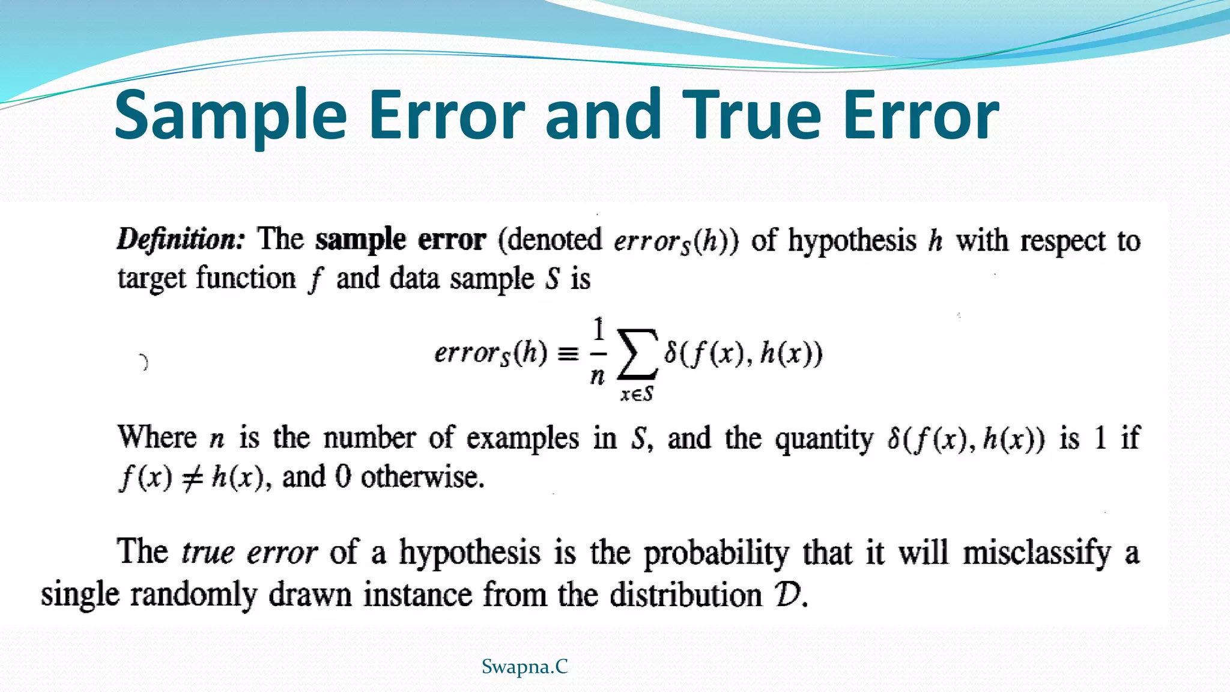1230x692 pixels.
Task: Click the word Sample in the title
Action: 231,115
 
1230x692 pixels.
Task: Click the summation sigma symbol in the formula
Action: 637,353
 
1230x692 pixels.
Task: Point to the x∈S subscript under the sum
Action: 637,394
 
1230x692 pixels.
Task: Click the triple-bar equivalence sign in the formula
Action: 568,354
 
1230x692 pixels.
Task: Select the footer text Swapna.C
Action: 524,666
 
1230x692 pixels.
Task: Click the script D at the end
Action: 788,595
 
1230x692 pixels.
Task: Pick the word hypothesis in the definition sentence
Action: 852,241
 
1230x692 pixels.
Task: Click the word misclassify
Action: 1037,553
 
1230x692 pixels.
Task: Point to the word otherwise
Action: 422,478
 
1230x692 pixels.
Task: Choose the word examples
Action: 523,438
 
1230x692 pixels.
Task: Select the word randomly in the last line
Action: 193,595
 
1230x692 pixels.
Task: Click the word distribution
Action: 686,595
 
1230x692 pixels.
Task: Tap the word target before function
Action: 152,279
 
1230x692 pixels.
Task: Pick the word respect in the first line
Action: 1062,241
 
